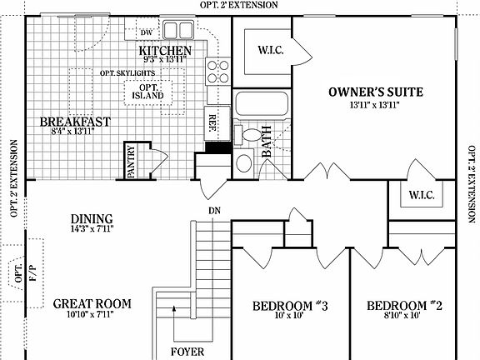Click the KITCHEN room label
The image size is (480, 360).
[x=171, y=50]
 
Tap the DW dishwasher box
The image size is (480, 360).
[x=146, y=33]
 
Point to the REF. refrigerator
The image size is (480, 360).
[x=213, y=120]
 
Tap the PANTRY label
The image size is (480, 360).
[x=131, y=162]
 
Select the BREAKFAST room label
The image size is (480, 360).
[x=75, y=122]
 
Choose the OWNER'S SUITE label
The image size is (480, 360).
[x=377, y=92]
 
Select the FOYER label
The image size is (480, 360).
[x=187, y=351]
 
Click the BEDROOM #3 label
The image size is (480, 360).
[x=291, y=306]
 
